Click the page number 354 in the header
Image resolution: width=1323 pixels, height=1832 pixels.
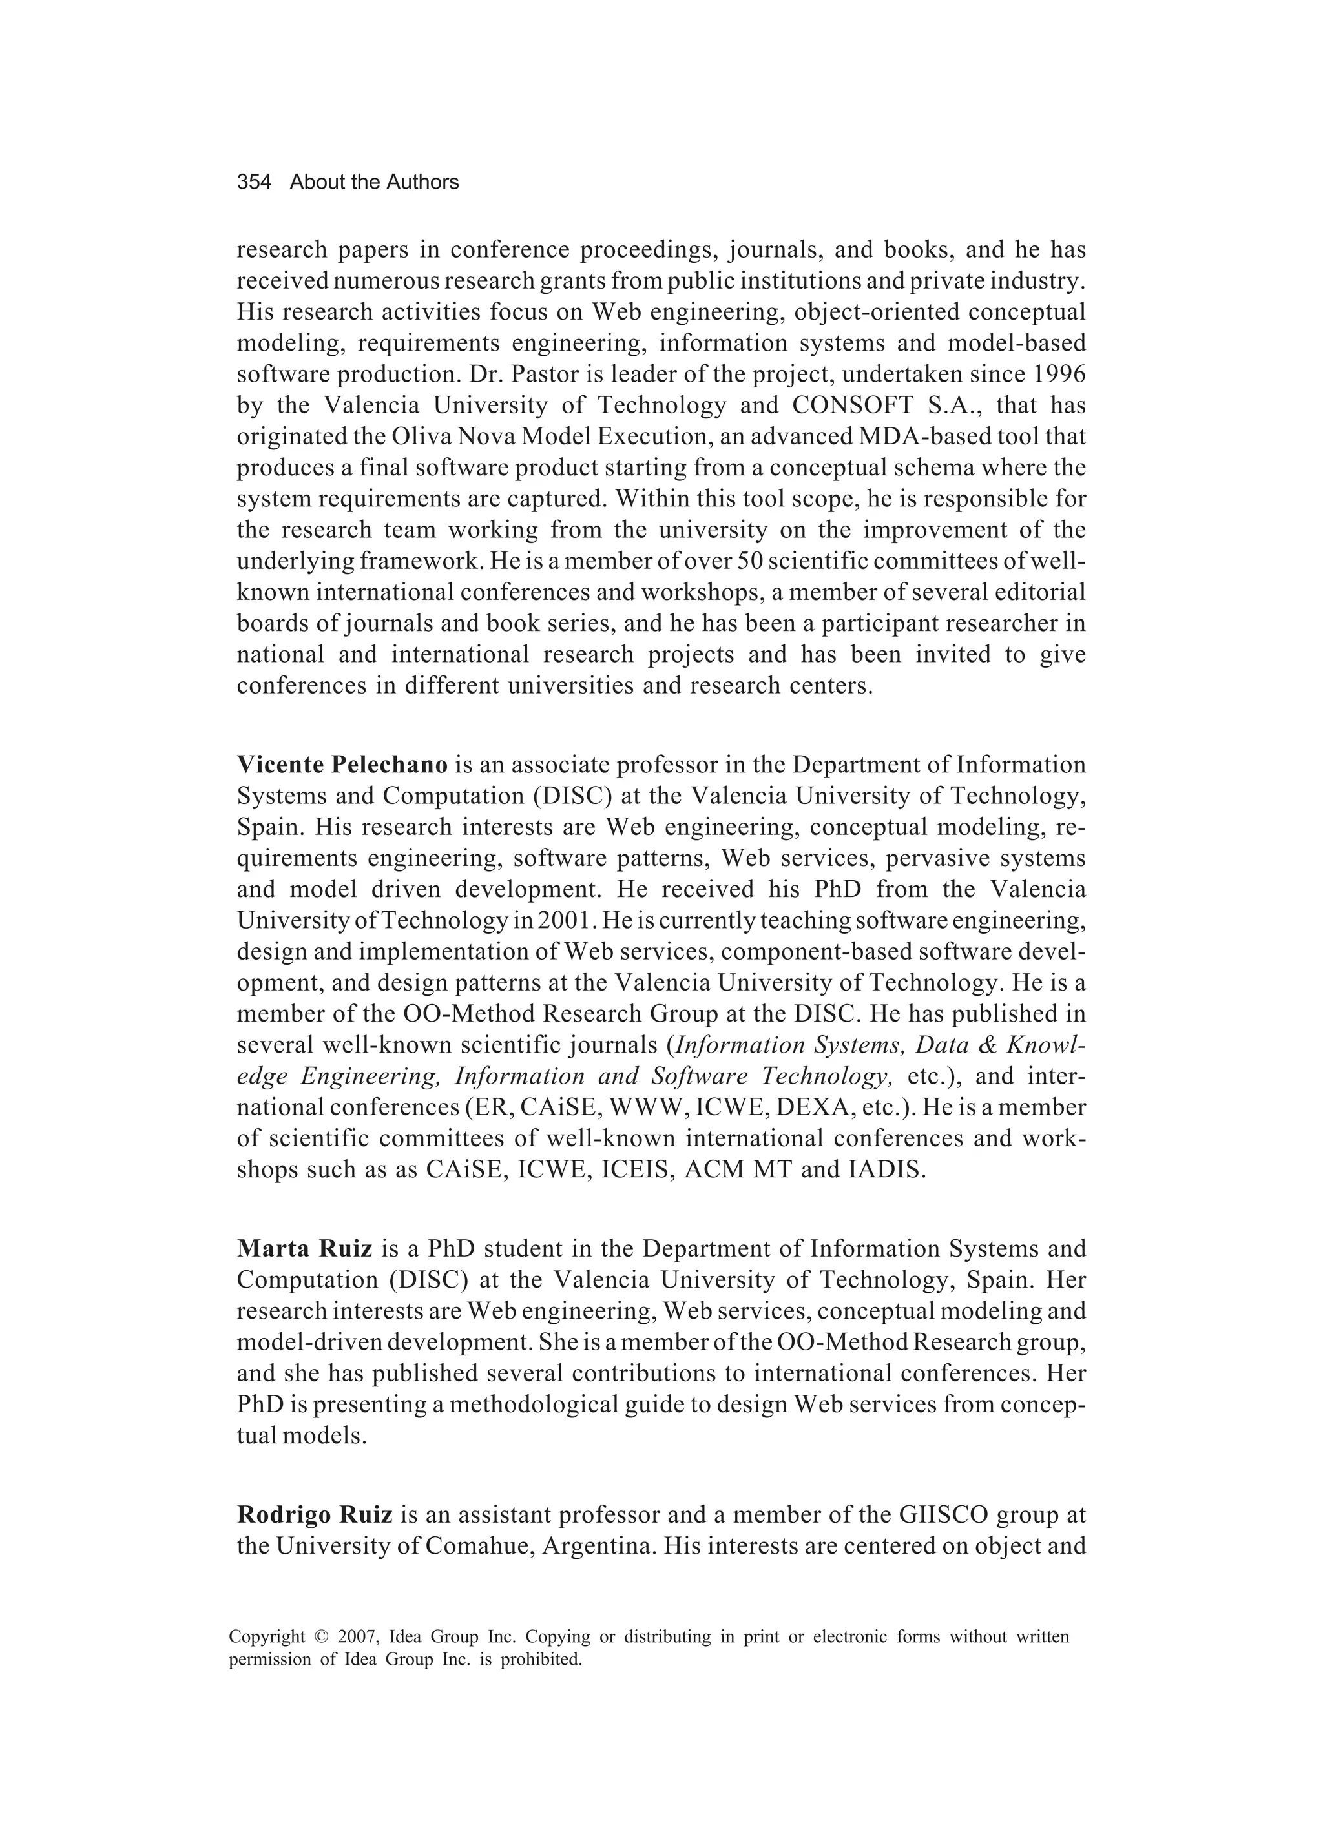coord(254,183)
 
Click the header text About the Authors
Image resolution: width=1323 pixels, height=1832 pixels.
coord(374,183)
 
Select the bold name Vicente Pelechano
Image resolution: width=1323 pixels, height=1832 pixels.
coord(342,764)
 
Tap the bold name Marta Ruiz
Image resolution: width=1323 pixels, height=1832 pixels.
coord(305,1249)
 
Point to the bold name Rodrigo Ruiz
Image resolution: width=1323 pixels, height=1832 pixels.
coord(315,1514)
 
